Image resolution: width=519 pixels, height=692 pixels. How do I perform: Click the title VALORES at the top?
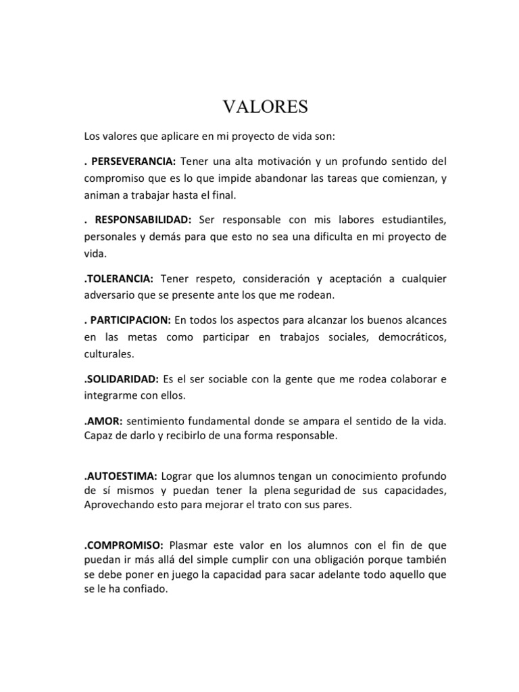click(265, 107)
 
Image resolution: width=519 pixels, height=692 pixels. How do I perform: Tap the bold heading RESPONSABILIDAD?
click(143, 220)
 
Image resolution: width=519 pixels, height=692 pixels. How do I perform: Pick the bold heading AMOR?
click(99, 421)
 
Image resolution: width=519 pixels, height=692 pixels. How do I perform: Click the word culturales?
click(109, 352)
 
